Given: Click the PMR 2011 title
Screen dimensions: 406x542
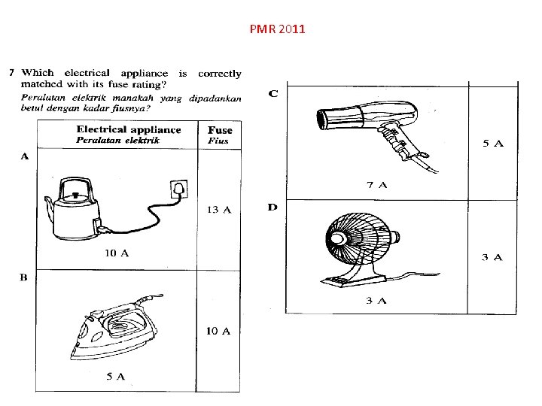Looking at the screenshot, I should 276,30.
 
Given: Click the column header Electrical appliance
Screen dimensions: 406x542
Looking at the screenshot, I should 129,129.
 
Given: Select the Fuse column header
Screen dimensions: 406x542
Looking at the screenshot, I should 220,130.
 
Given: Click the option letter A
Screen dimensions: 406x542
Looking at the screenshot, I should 23,156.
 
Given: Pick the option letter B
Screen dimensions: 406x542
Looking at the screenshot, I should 23,277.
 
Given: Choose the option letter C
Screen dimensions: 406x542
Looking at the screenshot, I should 273,93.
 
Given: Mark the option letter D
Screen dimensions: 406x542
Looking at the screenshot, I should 273,206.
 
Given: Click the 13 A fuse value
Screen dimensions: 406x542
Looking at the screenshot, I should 218,209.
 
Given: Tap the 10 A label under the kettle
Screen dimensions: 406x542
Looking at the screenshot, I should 116,253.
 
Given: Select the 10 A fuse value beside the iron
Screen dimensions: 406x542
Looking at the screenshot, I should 218,331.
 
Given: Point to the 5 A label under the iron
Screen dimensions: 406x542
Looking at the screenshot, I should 115,374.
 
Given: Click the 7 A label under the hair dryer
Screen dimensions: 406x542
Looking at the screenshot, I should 376,184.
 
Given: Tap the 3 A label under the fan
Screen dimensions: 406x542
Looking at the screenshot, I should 376,301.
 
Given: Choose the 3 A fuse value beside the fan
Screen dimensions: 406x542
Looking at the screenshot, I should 492,257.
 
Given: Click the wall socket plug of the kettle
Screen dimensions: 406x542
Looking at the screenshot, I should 180,187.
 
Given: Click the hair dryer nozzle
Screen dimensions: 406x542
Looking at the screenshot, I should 325,120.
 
